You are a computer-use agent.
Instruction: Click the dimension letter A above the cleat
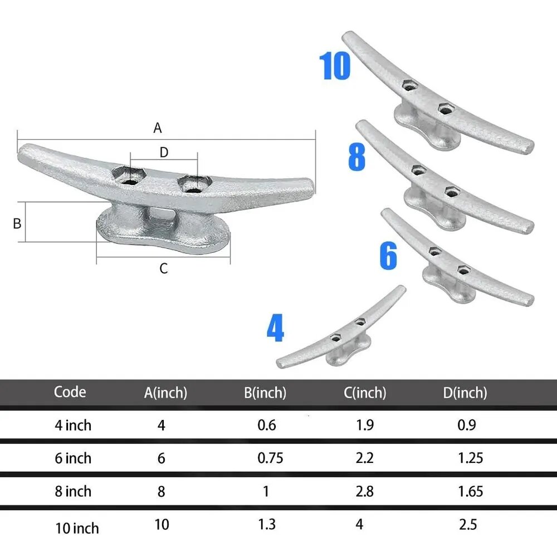(x=158, y=128)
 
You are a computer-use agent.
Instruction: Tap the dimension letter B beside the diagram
(x=17, y=223)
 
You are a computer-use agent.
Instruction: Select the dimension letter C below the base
(x=163, y=268)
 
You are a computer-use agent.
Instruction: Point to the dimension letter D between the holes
(x=164, y=153)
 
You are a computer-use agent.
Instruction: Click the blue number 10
(x=335, y=66)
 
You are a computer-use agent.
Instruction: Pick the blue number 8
(x=356, y=157)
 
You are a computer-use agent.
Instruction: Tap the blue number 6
(x=388, y=256)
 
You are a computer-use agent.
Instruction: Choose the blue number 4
(x=275, y=328)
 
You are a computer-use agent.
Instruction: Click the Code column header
(x=70, y=392)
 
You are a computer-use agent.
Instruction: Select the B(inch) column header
(x=265, y=393)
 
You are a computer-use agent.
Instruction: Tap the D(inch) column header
(x=465, y=393)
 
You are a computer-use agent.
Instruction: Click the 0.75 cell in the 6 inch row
(x=270, y=458)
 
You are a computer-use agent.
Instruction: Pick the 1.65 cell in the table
(x=471, y=492)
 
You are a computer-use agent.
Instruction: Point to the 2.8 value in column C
(x=364, y=492)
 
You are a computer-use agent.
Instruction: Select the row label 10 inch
(x=77, y=529)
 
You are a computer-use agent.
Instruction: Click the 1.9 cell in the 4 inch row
(x=365, y=425)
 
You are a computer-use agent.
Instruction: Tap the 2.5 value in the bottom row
(x=468, y=525)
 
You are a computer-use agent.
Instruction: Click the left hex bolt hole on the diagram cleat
(x=129, y=175)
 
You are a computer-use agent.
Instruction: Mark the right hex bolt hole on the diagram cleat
(x=194, y=184)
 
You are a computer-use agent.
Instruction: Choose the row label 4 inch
(x=73, y=426)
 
